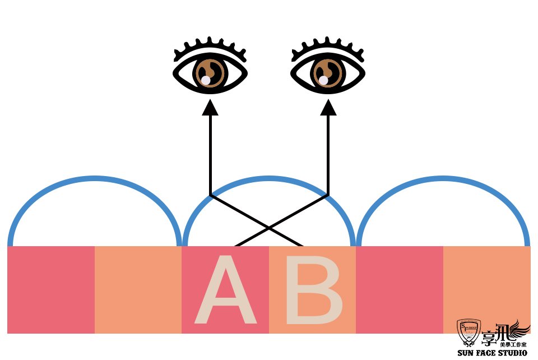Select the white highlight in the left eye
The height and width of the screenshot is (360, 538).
(x=206, y=80)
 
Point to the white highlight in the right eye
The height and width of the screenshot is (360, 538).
(x=323, y=80)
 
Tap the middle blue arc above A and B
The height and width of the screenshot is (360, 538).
(x=269, y=179)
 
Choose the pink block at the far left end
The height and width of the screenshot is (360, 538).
(x=51, y=289)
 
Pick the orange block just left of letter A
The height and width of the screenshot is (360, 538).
(x=138, y=289)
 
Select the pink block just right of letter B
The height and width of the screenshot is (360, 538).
(x=399, y=289)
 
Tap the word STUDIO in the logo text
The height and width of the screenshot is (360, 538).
(x=509, y=353)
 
